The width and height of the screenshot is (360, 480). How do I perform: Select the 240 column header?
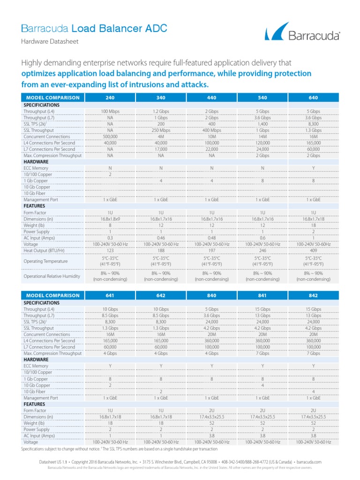click(110, 97)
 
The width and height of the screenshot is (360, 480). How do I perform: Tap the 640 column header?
click(313, 97)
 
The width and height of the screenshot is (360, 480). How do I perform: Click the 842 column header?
click(313, 296)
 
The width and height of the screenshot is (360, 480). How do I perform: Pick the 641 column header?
click(110, 296)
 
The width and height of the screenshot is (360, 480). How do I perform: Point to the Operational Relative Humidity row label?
click(52, 277)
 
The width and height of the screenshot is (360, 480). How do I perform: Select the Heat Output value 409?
click(313, 250)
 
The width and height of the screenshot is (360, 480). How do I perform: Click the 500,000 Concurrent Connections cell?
click(110, 136)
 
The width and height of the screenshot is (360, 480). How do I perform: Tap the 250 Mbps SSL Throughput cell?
click(161, 130)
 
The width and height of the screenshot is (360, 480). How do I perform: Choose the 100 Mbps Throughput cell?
click(110, 111)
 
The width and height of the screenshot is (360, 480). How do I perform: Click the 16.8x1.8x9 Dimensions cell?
click(110, 219)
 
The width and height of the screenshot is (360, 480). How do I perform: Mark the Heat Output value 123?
click(110, 250)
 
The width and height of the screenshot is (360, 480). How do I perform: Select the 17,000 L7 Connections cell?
click(161, 149)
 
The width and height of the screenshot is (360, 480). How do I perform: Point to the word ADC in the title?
click(154, 29)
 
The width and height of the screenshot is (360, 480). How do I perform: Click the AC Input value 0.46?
click(161, 238)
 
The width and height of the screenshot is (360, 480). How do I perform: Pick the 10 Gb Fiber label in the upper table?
click(37, 193)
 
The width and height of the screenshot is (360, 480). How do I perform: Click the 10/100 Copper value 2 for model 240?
click(110, 174)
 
